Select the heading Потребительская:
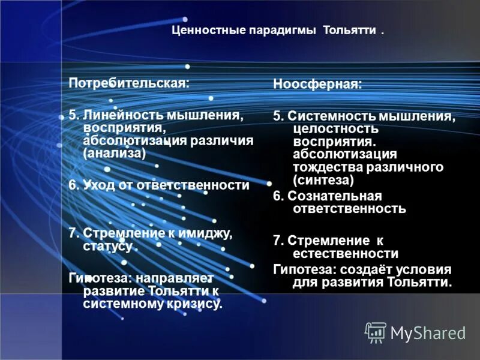129,83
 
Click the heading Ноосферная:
318,85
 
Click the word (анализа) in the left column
115,153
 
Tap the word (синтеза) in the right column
323,179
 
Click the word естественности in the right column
346,254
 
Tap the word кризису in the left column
196,304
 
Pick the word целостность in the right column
336,128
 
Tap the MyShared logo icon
376,332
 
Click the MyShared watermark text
428,332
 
